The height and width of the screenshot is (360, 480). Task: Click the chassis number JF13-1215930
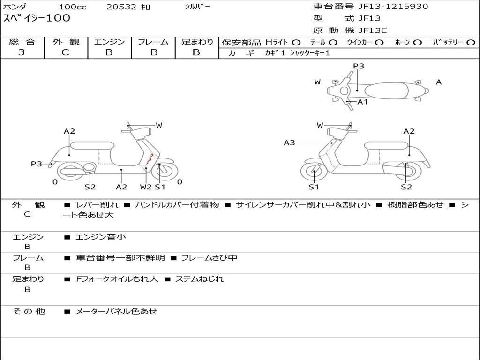coord(386,7)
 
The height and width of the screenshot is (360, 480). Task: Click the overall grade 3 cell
coord(22,52)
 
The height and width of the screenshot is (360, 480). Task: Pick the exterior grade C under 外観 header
coord(65,52)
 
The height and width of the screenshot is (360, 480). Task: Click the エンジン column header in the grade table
coord(109,42)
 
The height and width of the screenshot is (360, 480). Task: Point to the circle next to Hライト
coord(296,43)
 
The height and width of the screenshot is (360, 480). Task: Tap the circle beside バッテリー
coord(470,43)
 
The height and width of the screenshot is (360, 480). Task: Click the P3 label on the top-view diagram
coord(359,66)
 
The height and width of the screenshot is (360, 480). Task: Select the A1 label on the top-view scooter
coord(363,102)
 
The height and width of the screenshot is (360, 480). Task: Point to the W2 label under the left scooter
coord(146,187)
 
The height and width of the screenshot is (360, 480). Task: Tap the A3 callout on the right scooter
coord(289,142)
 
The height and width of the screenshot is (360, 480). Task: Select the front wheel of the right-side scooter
coord(314,172)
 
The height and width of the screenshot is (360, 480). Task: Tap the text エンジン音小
coord(101,237)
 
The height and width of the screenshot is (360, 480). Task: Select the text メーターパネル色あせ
coord(116,311)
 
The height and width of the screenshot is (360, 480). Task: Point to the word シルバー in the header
coord(197,7)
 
